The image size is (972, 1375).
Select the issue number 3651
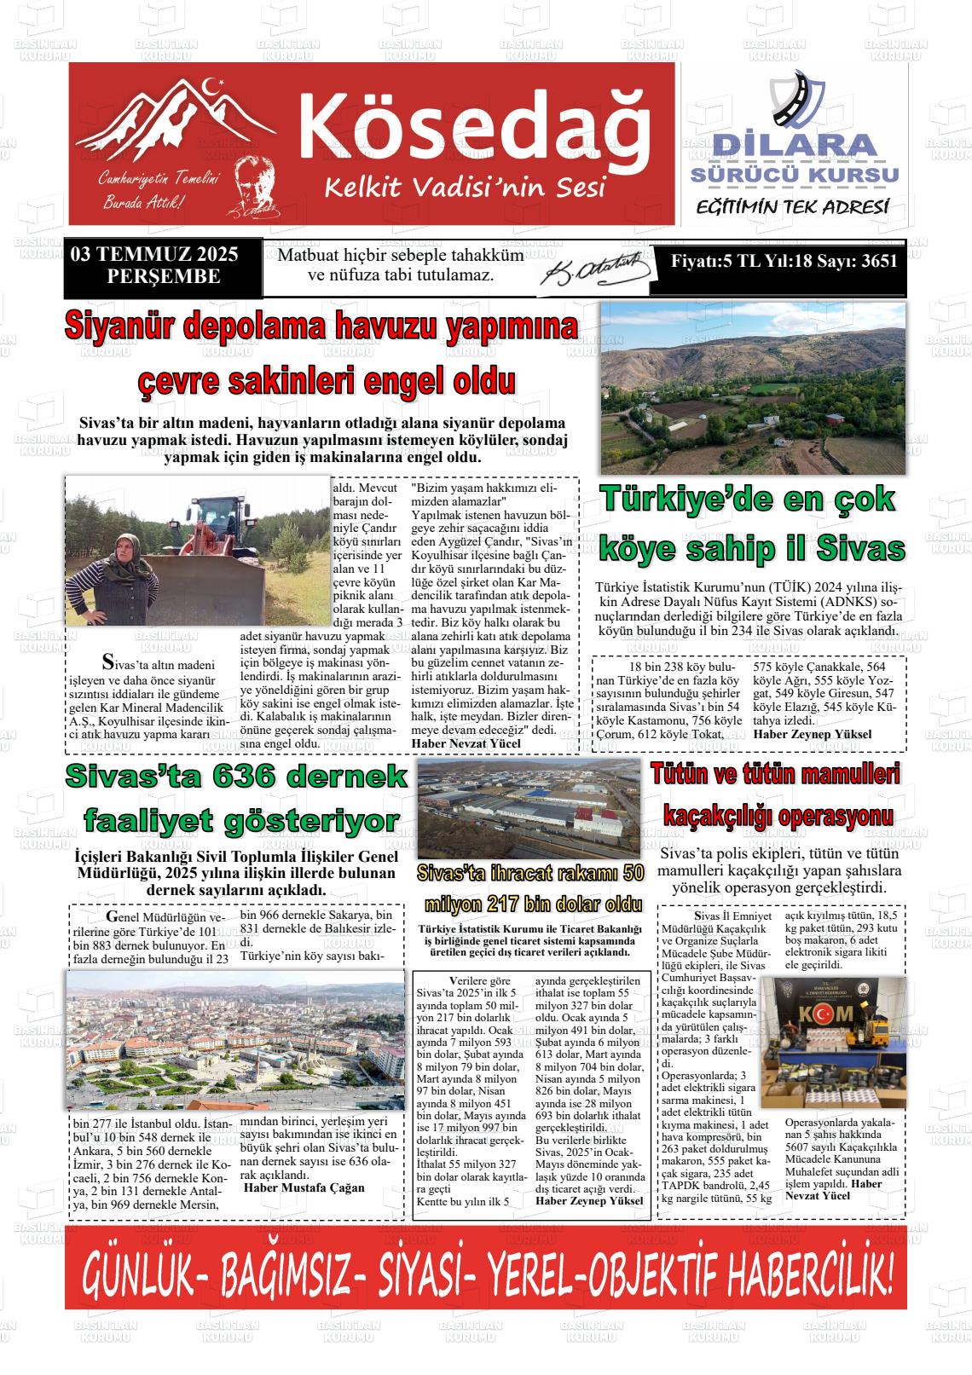[878, 261]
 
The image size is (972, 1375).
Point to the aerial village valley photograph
[753, 387]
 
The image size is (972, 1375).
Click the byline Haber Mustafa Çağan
[304, 1187]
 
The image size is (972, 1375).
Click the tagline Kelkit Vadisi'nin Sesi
[464, 185]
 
